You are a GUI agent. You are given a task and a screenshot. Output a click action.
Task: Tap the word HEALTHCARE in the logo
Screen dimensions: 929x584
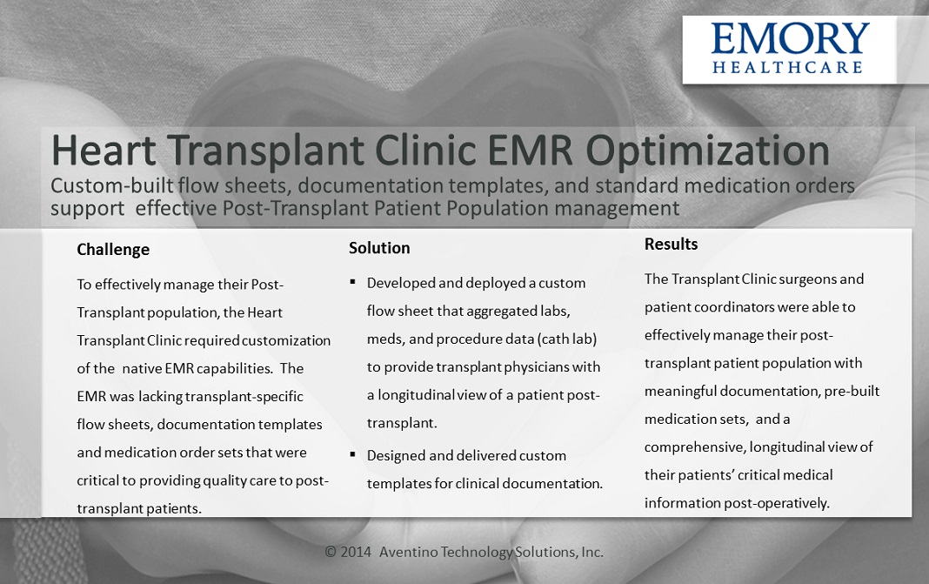[x=787, y=67]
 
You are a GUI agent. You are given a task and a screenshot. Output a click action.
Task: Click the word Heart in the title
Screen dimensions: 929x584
[x=104, y=150]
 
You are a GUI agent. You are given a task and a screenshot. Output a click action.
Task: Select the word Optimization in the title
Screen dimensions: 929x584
[x=707, y=151]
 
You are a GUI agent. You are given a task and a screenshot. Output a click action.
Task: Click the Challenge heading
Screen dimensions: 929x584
[x=113, y=250]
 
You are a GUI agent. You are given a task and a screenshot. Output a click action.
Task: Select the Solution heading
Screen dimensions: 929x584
[x=379, y=248]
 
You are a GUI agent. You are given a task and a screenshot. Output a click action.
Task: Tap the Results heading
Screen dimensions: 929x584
[x=672, y=245]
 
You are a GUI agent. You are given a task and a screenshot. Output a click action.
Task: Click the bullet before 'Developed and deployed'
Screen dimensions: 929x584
[x=352, y=282]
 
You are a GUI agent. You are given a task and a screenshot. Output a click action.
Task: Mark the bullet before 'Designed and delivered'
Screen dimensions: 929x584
[x=352, y=454]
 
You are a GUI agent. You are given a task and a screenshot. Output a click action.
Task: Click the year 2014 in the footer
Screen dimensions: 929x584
[x=356, y=552]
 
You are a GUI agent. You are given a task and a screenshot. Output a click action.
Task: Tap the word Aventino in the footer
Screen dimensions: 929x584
[x=408, y=552]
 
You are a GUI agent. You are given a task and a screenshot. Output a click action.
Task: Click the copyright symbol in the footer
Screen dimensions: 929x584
[x=331, y=552]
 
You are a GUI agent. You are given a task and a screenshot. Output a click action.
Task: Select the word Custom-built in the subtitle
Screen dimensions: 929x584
[x=112, y=185]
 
